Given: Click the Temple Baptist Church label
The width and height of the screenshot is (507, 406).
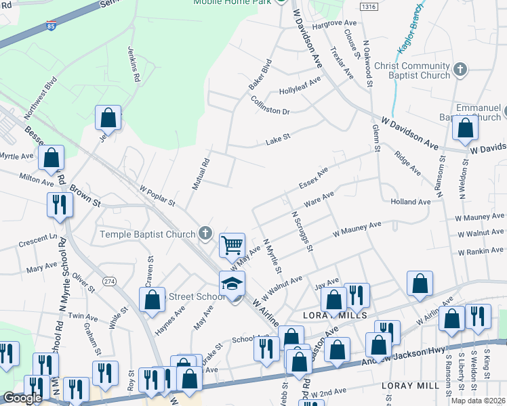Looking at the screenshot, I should (147, 234).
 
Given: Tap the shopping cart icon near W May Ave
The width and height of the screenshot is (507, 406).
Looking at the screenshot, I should (232, 244).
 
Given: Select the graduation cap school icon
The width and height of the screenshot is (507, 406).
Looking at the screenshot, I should (232, 283).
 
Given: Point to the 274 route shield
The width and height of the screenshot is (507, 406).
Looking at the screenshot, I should (108, 280).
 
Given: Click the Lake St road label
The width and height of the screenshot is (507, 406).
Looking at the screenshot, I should (278, 139).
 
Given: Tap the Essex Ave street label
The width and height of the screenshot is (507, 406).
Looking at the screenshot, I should (312, 179).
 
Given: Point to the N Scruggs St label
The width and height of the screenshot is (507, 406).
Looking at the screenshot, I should (302, 231).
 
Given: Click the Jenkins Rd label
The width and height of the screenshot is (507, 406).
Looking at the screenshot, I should (134, 64).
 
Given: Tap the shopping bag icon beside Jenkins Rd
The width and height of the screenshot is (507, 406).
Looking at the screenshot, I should (108, 118).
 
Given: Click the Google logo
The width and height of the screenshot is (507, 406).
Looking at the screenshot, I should (22, 398).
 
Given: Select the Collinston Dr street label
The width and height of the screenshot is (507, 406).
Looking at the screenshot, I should (270, 107).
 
